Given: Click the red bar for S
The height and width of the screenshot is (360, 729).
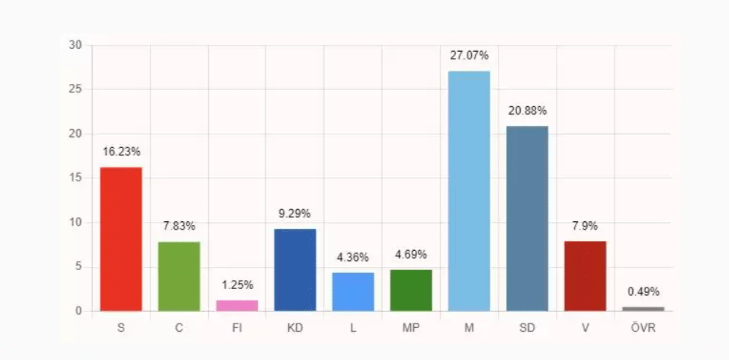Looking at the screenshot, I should pos(121,239).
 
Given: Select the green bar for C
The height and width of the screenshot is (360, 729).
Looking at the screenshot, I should pos(179,276).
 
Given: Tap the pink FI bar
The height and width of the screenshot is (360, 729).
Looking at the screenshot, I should pos(237,305).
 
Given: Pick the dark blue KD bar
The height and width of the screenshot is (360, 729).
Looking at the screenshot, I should pos(295,269).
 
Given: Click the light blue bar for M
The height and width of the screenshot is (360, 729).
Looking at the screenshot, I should pos(469,191).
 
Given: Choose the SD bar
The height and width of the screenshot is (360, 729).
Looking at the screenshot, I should pos(527,218).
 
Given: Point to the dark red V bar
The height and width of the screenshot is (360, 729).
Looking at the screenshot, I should pos(585,276).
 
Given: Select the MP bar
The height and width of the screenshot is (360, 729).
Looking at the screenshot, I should pos(411,290).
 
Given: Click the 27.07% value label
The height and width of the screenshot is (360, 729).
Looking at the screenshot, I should pos(469,56).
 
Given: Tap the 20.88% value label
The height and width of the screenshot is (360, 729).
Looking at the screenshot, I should pos(527,111).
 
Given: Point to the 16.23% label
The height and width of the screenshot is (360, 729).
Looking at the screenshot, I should pos(121,152).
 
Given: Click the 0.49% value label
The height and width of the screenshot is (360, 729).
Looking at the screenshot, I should pos(644,292).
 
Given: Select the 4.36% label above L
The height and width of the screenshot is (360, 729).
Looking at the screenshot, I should pos(353,258).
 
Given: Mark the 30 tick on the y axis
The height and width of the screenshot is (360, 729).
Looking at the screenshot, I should pos(75,45).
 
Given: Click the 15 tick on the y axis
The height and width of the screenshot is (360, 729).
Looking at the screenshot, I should pos(75,178).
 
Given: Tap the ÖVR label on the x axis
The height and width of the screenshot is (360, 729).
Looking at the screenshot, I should pos(644,329).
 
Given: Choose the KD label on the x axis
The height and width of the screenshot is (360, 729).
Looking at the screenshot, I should pos(295,329).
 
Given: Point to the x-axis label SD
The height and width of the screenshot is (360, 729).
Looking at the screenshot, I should pos(527,329).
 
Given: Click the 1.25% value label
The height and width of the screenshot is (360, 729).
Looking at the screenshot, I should pos(237,285).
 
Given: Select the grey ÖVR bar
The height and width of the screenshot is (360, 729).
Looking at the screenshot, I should pos(644,309).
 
